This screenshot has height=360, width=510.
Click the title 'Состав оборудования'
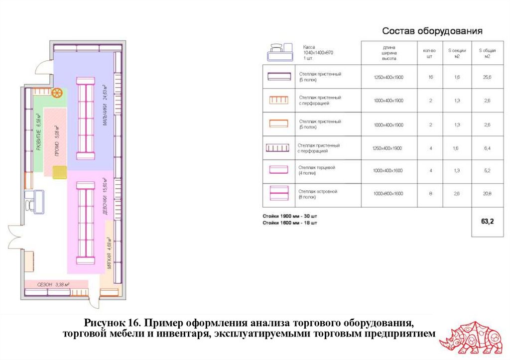pyautogui.click(x=432, y=31)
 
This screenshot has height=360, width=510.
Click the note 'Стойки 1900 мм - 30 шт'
pyautogui.click(x=290, y=217)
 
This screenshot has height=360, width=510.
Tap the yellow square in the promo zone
pyautogui.click(x=60, y=172)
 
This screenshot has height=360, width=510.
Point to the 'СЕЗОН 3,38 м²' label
pyautogui.click(x=53, y=285)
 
